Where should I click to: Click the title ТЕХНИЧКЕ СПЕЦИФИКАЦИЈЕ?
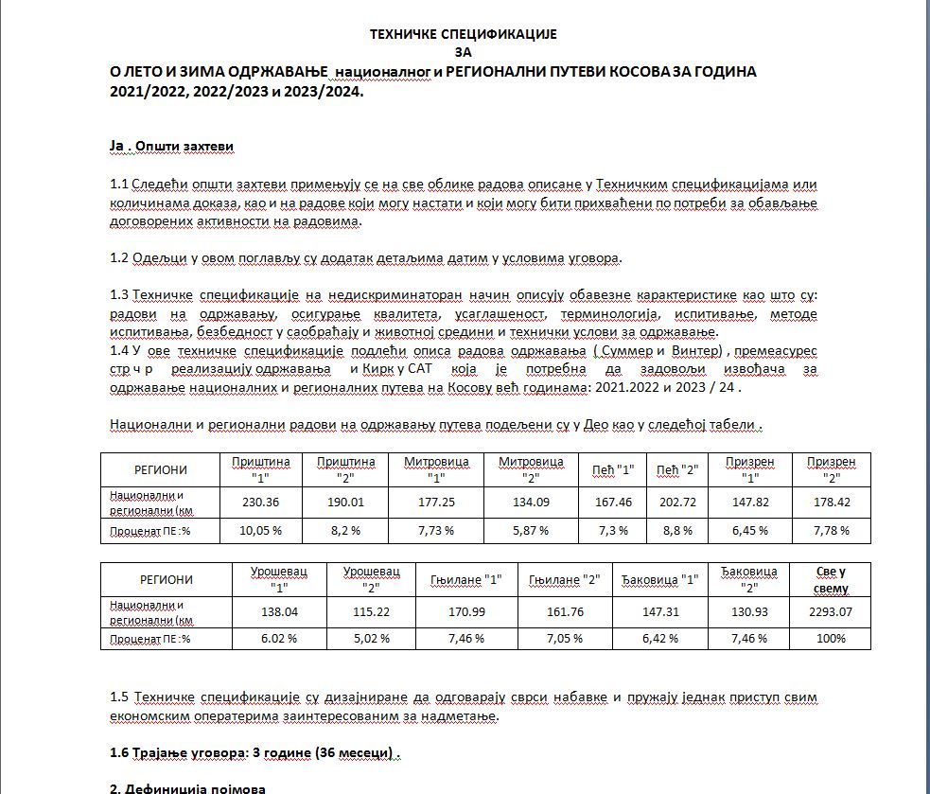pyautogui.click(x=464, y=34)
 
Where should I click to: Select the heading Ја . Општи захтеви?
pyautogui.click(x=171, y=147)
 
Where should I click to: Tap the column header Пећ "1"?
pyautogui.click(x=614, y=469)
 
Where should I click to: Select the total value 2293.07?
pyautogui.click(x=830, y=612)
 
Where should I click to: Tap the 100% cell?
pyautogui.click(x=830, y=639)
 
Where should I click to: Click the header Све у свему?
pyautogui.click(x=830, y=579)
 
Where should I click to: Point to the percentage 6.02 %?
pyautogui.click(x=279, y=639)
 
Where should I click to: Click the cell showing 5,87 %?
pyautogui.click(x=530, y=531)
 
